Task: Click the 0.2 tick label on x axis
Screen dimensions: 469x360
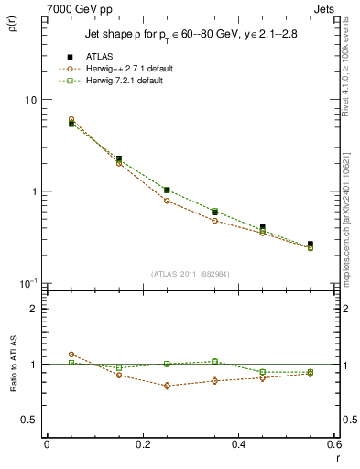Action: coord(143,444)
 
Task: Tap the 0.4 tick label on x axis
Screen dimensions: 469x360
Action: coord(238,444)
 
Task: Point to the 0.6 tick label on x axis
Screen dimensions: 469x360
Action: coord(333,444)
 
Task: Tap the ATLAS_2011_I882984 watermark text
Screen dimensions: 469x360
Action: coord(190,273)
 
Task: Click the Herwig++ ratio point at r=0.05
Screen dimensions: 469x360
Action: coord(71,354)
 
